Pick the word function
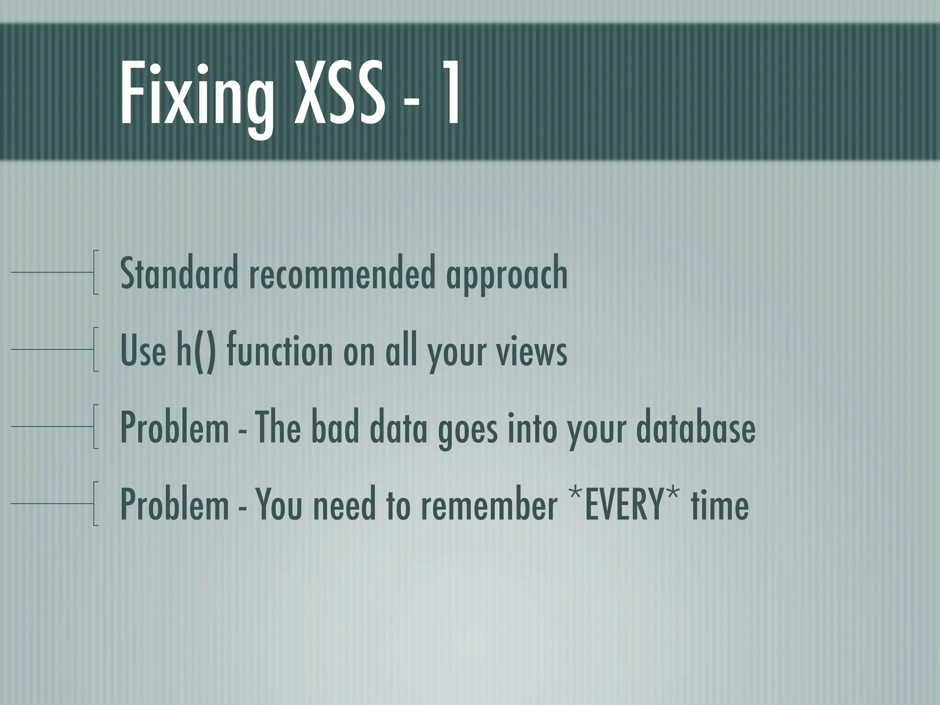click(x=280, y=351)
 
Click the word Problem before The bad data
click(x=174, y=427)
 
